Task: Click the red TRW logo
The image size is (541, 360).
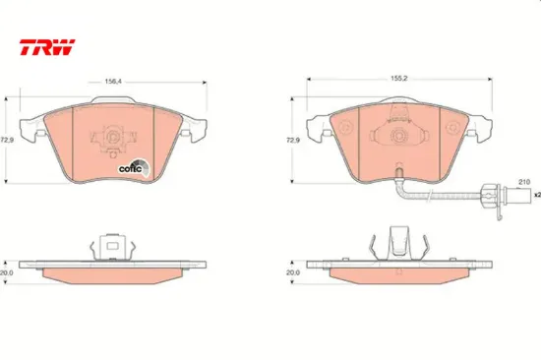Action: [x=47, y=47]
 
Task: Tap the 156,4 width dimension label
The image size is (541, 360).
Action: [x=113, y=82]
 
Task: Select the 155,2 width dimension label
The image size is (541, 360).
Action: [x=398, y=79]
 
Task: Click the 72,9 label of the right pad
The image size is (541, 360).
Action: [x=293, y=140]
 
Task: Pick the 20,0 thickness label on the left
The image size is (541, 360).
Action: [x=7, y=272]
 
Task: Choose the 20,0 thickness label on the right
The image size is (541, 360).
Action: [x=293, y=272]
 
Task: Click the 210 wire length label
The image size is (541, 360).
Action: [x=524, y=182]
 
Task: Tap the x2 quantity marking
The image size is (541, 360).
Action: [x=537, y=195]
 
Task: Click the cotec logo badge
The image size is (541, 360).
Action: [x=134, y=167]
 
